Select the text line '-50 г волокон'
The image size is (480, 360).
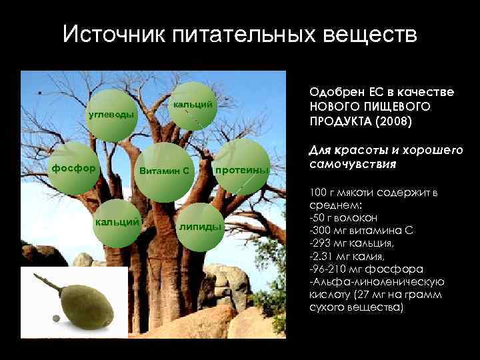(344, 217)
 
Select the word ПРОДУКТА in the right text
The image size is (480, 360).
(341, 123)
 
